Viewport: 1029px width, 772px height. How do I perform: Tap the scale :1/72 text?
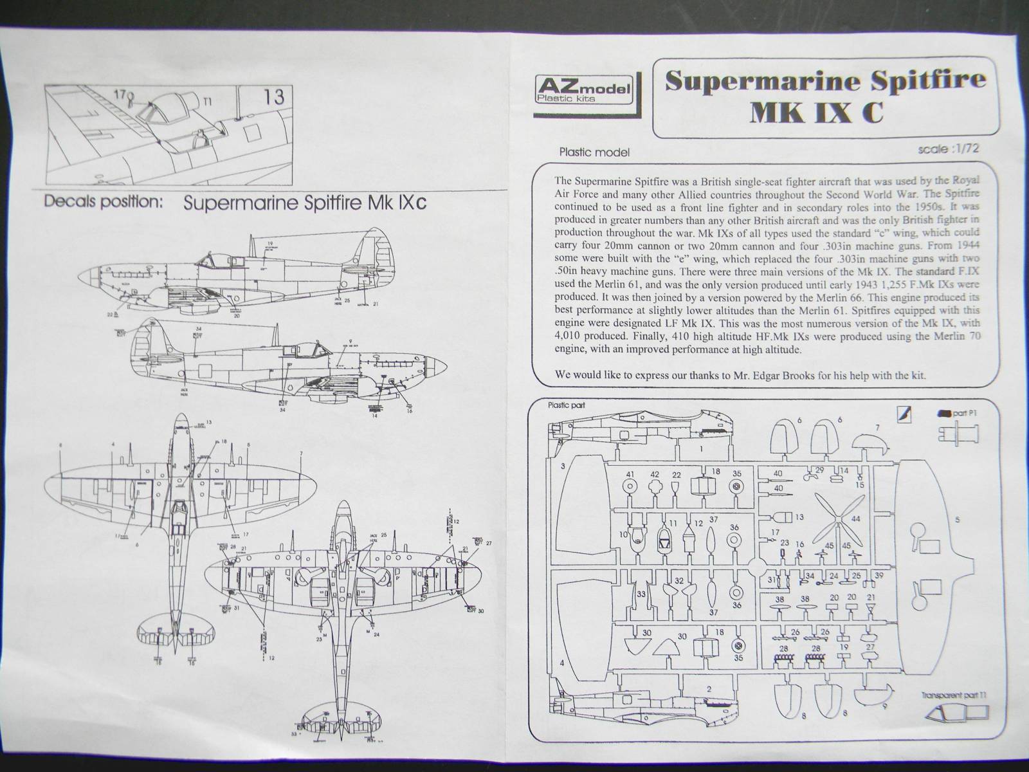pyautogui.click(x=951, y=149)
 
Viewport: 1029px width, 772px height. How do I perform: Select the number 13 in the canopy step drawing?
pyautogui.click(x=273, y=96)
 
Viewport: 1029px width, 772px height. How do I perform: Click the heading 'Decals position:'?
pyautogui.click(x=103, y=201)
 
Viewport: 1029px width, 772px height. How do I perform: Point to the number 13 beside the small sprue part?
pyautogui.click(x=799, y=517)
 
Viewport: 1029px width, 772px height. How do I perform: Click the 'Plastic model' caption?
pyautogui.click(x=594, y=152)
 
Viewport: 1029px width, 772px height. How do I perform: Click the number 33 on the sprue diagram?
pyautogui.click(x=641, y=594)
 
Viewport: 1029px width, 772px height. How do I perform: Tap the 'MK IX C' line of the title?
pyautogui.click(x=817, y=113)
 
